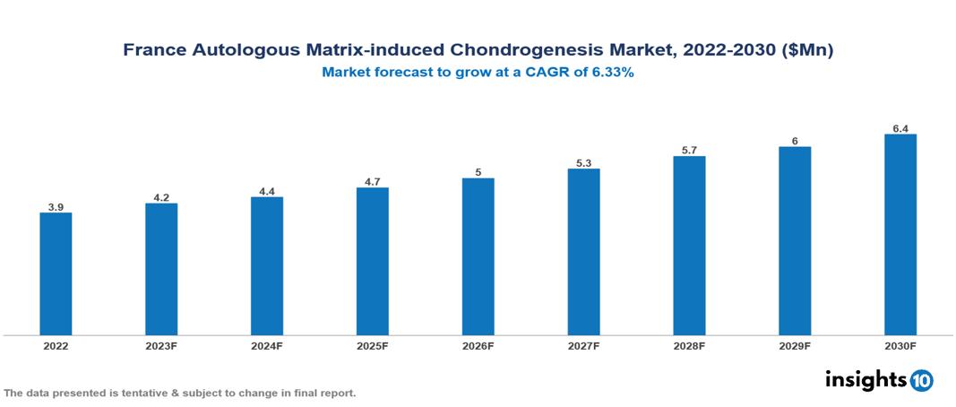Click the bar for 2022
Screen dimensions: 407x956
(56, 273)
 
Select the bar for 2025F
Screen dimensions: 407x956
(373, 261)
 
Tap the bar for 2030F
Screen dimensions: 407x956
(900, 235)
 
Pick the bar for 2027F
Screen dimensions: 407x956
(583, 252)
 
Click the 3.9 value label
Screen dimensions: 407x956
(56, 207)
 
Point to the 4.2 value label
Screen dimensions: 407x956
(161, 197)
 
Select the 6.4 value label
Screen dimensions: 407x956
(900, 129)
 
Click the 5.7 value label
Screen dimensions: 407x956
(689, 151)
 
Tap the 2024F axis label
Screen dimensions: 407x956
(267, 345)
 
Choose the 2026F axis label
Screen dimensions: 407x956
(478, 345)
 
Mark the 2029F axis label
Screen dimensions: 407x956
(795, 345)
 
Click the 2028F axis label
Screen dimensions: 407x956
(689, 345)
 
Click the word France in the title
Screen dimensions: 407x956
(153, 51)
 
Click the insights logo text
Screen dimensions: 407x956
(866, 379)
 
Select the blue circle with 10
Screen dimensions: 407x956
(921, 380)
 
